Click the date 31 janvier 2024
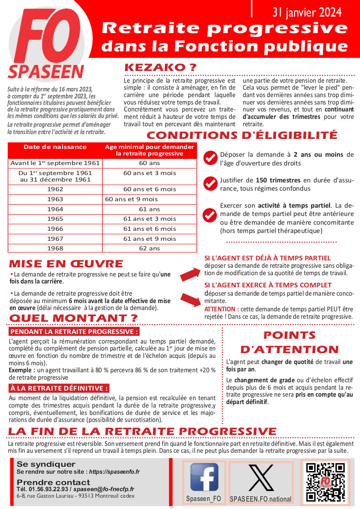[307, 13]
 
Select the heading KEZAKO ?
[160, 68]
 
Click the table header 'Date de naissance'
[55, 147]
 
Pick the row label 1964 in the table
[55, 209]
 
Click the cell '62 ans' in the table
[149, 249]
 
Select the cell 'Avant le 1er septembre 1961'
[55, 163]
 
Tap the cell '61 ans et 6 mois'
[149, 229]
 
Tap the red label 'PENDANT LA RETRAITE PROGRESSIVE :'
[74, 332]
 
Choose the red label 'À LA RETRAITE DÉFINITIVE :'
[59, 388]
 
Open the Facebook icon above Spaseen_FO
[204, 477]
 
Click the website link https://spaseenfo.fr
[114, 472]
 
